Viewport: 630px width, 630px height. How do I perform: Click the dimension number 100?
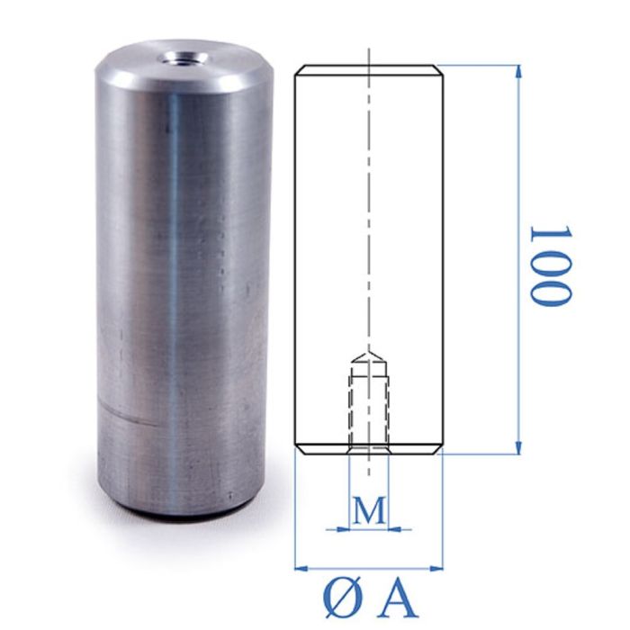[549, 265]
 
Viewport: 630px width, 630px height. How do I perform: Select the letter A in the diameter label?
[399, 597]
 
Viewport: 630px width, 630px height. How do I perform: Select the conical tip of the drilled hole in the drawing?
[369, 357]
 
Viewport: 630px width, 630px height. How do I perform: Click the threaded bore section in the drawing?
[369, 405]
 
